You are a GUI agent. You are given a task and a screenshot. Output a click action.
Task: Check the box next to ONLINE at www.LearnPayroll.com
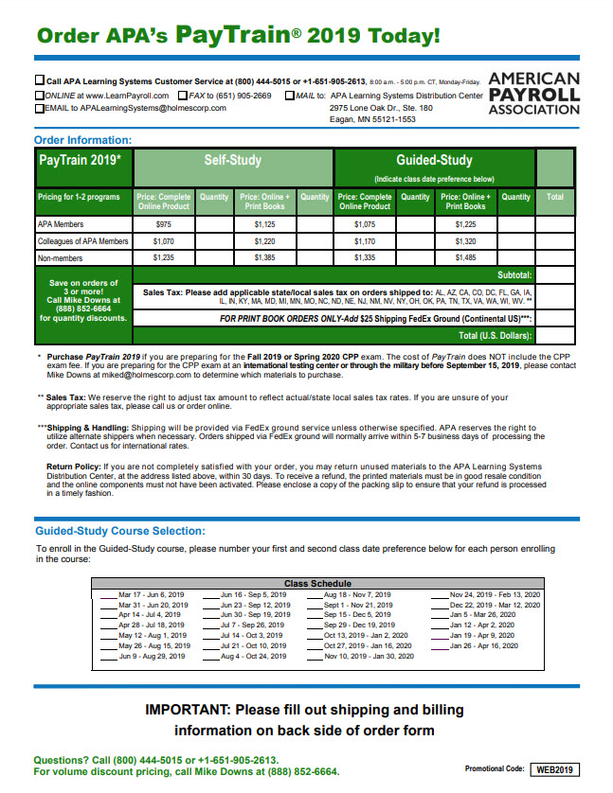click(39, 96)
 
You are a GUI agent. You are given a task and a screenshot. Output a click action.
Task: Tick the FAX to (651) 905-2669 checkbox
click(182, 96)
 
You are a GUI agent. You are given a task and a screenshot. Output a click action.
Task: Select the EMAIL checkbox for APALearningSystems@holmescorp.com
click(39, 108)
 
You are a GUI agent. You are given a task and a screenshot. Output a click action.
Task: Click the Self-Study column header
click(232, 161)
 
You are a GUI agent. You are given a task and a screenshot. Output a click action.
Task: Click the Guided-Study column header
click(434, 161)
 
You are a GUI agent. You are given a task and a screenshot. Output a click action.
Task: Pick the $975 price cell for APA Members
click(164, 224)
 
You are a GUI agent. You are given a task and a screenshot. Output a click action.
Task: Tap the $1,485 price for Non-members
click(465, 257)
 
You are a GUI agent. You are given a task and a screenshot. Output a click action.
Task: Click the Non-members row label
click(59, 257)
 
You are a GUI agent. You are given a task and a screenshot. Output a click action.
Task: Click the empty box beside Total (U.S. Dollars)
click(555, 335)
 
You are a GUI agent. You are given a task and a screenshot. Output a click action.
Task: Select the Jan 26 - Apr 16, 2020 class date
click(483, 645)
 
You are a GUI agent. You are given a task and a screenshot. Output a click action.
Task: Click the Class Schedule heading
click(317, 584)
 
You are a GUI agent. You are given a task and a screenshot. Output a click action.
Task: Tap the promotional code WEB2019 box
click(554, 769)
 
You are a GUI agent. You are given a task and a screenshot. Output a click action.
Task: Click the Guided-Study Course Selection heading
click(119, 531)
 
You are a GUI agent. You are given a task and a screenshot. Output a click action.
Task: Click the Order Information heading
click(83, 140)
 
